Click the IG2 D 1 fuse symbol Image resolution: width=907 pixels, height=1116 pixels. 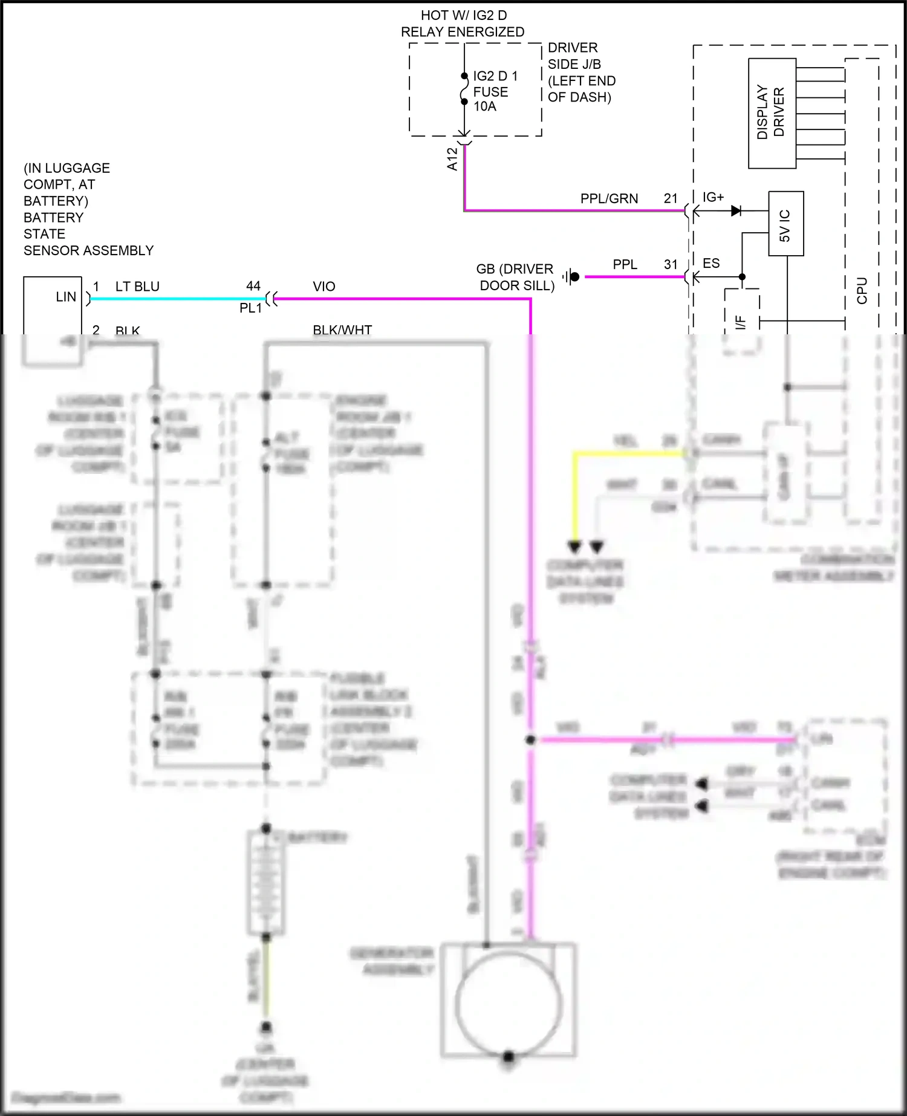pos(464,89)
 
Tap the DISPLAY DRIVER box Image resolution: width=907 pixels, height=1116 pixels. pos(772,113)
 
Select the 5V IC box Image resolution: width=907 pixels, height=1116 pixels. pos(785,224)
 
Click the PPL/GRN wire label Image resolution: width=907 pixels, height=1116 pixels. pos(609,198)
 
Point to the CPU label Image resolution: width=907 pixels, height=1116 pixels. pos(862,290)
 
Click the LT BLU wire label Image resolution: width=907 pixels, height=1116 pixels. pos(137,287)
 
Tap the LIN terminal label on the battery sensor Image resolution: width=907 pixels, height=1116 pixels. pos(66,297)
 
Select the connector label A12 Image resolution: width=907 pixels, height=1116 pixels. pos(452,159)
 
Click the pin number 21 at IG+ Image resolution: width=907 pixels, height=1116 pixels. pos(671,198)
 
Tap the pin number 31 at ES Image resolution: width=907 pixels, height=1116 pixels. pos(671,264)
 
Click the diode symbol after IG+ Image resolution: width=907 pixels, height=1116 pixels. pos(736,211)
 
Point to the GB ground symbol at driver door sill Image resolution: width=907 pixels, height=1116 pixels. pos(571,277)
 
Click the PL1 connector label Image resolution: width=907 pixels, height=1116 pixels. pos(250,308)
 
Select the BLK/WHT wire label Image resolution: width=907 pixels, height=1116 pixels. pos(342,329)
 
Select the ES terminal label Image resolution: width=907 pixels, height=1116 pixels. pos(711,264)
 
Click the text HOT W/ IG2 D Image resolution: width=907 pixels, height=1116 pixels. pos(463,15)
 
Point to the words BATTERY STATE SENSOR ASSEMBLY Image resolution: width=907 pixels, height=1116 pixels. pos(88,234)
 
